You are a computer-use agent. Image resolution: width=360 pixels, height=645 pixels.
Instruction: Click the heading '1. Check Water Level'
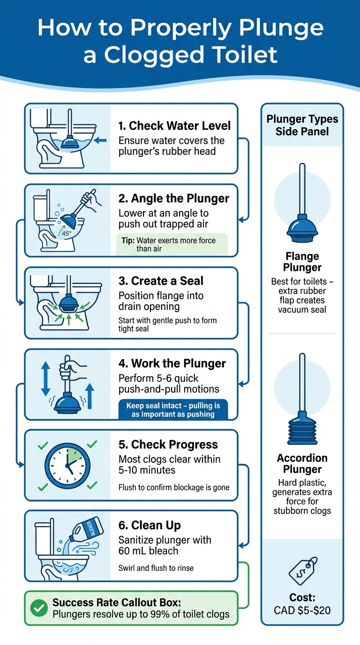point(174,126)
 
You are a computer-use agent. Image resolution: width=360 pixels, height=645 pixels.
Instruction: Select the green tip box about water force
point(172,244)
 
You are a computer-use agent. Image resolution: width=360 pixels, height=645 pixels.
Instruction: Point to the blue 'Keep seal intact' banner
point(173,409)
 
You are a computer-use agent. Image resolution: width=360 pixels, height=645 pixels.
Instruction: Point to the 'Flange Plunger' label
point(302,262)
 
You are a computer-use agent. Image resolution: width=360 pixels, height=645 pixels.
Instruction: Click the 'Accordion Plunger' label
point(302,464)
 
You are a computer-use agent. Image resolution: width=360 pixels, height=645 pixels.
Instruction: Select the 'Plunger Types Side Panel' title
point(302,125)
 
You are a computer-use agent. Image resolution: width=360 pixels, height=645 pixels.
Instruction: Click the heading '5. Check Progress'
point(168,444)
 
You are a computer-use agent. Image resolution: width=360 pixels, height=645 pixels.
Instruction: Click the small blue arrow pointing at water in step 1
point(100,140)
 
